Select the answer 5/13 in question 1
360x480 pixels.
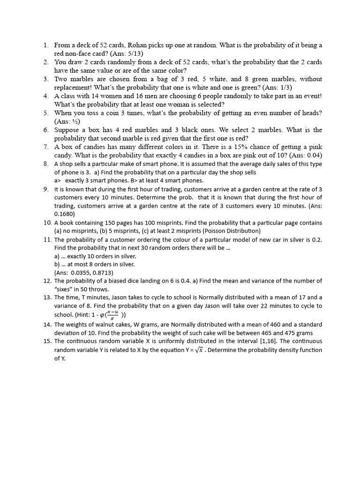coord(127,54)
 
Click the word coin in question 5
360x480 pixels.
coord(118,113)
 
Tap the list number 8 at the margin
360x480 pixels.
coord(46,164)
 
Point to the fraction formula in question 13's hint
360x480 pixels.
coord(112,315)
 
